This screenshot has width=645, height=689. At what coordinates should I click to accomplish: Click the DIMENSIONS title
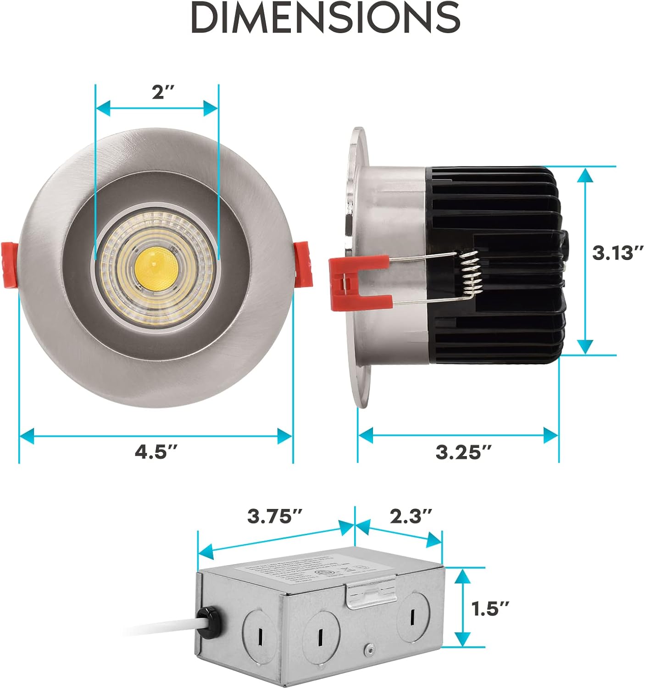click(x=325, y=18)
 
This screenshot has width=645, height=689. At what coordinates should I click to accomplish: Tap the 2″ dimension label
click(x=164, y=93)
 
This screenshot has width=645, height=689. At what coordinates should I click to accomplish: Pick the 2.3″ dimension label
click(x=411, y=516)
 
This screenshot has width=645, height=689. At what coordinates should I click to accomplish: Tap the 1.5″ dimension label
click(x=490, y=610)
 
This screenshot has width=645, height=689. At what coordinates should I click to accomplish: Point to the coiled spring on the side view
click(x=470, y=275)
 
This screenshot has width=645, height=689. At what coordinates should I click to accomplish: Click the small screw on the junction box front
click(x=368, y=650)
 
